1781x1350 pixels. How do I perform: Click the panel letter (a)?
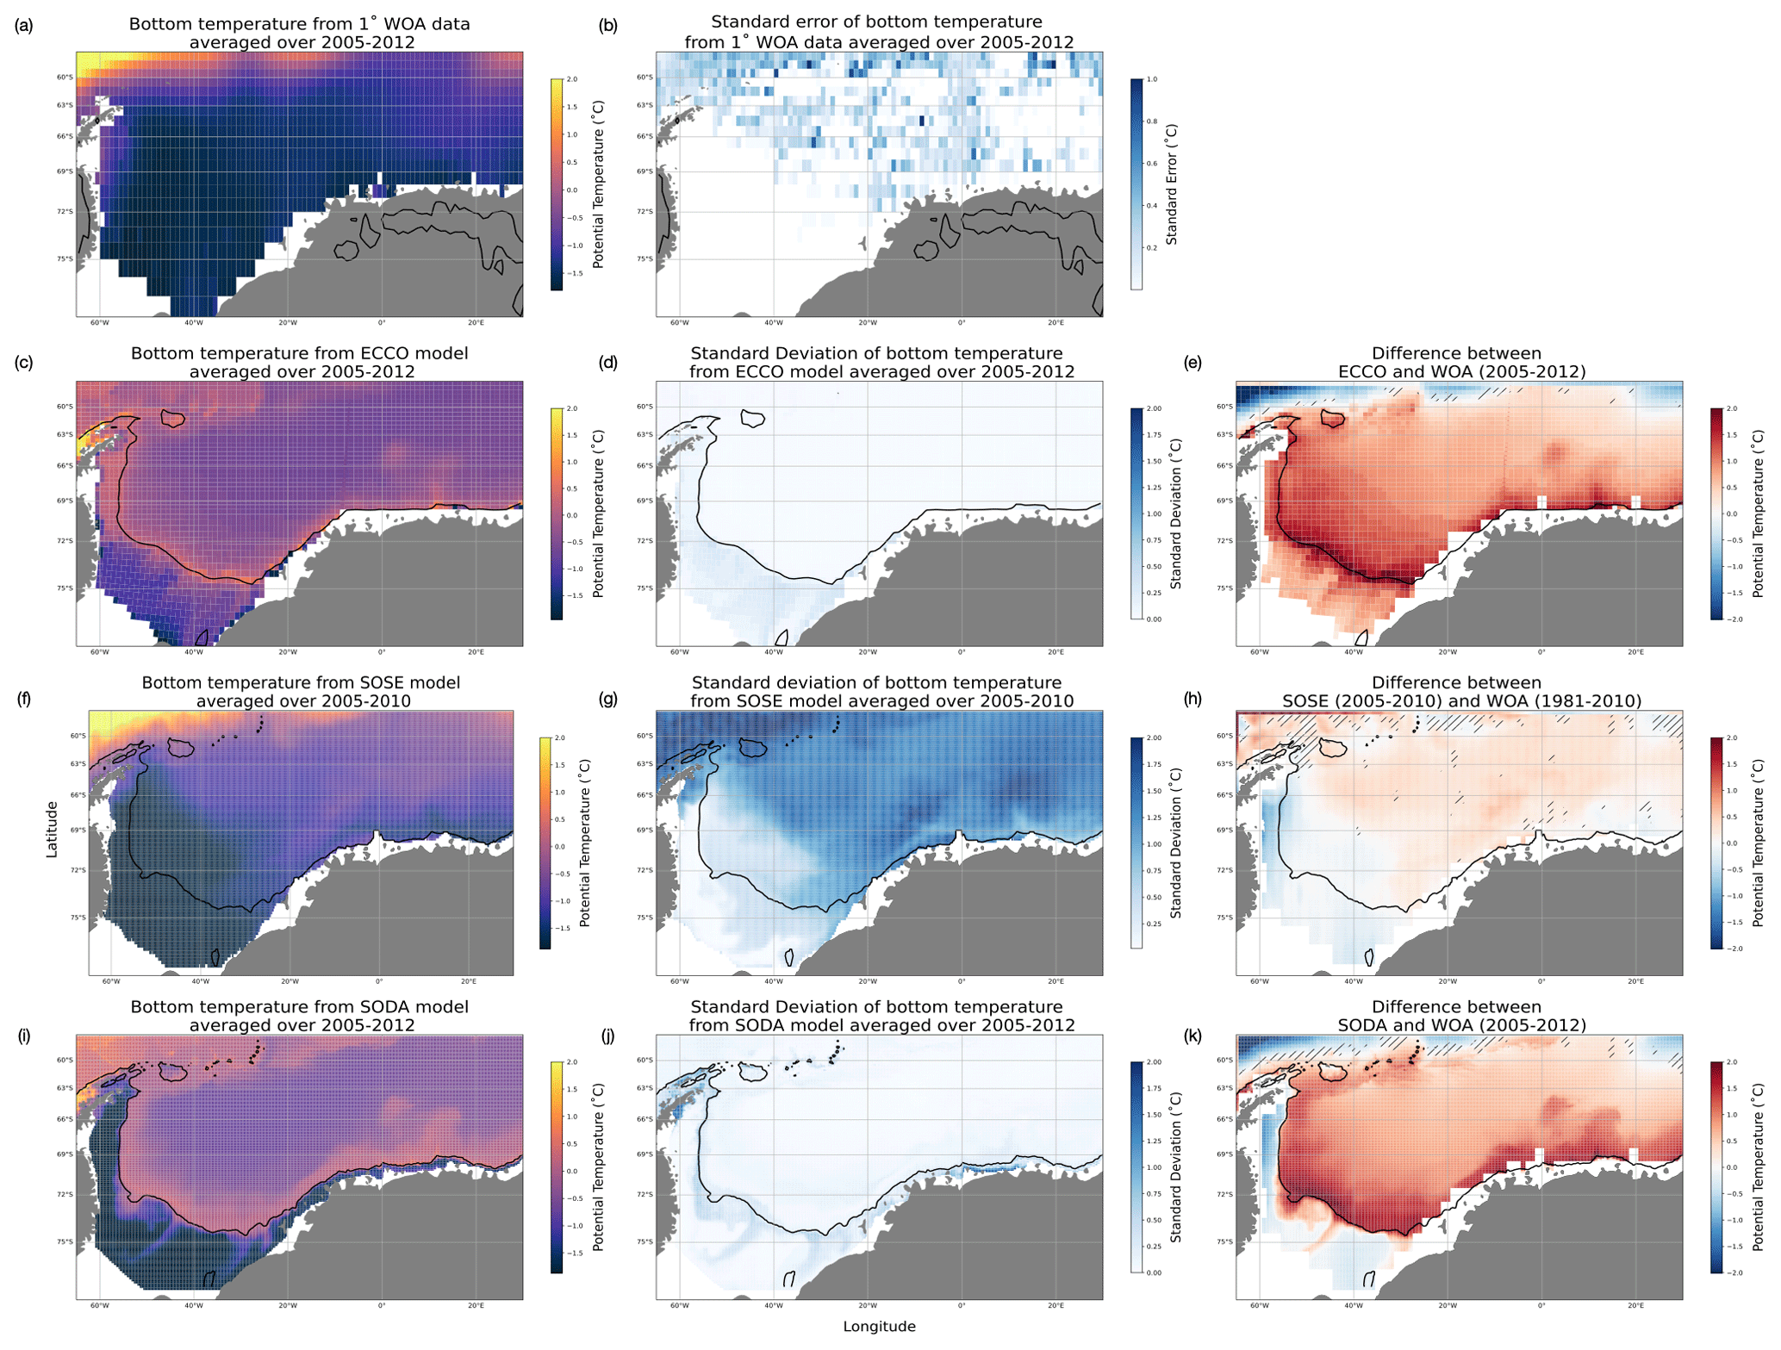[x=24, y=26]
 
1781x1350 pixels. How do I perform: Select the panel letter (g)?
[x=608, y=699]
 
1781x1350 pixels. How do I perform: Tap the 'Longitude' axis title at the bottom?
[x=879, y=1327]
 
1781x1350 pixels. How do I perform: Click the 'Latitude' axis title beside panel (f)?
[x=52, y=829]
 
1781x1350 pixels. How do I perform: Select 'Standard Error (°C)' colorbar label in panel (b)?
[x=1172, y=184]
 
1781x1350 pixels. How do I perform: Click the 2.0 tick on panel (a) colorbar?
[x=572, y=79]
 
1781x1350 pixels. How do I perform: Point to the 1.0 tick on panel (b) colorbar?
[x=1152, y=79]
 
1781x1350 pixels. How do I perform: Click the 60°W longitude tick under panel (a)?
[x=99, y=323]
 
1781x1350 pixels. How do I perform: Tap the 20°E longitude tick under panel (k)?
[x=1635, y=1306]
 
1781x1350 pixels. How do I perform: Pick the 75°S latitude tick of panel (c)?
[x=65, y=588]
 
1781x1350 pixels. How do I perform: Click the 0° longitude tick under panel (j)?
[x=962, y=1306]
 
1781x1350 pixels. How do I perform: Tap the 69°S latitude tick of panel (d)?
[x=645, y=501]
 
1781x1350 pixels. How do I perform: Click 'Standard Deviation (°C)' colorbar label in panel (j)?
[x=1176, y=1167]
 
